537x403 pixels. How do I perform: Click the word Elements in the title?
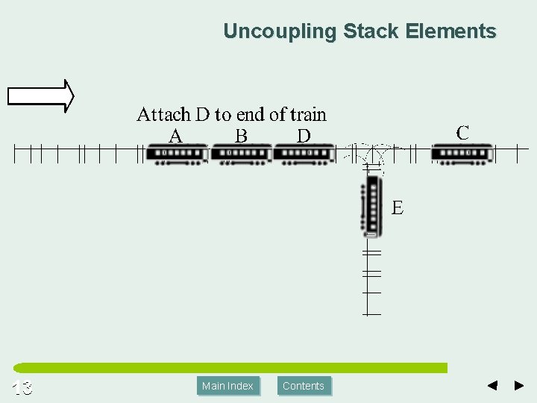tap(451, 31)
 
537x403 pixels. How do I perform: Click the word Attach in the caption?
tap(163, 114)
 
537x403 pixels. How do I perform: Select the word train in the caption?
tap(308, 114)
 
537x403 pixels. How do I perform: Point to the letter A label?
tap(176, 136)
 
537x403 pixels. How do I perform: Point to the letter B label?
tap(241, 136)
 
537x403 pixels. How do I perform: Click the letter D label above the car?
tap(304, 136)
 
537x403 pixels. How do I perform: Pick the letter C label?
tap(462, 133)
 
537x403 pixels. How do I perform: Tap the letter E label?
tap(398, 208)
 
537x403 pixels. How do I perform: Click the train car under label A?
tap(177, 154)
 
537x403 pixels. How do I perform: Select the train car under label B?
tap(240, 154)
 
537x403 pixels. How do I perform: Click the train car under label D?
tap(304, 154)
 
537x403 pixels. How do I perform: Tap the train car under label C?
tap(462, 154)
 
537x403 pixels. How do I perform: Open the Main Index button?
tap(228, 386)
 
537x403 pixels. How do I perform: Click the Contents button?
tap(304, 386)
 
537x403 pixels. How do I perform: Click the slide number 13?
tap(22, 387)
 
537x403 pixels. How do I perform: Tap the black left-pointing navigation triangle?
tap(492, 386)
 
